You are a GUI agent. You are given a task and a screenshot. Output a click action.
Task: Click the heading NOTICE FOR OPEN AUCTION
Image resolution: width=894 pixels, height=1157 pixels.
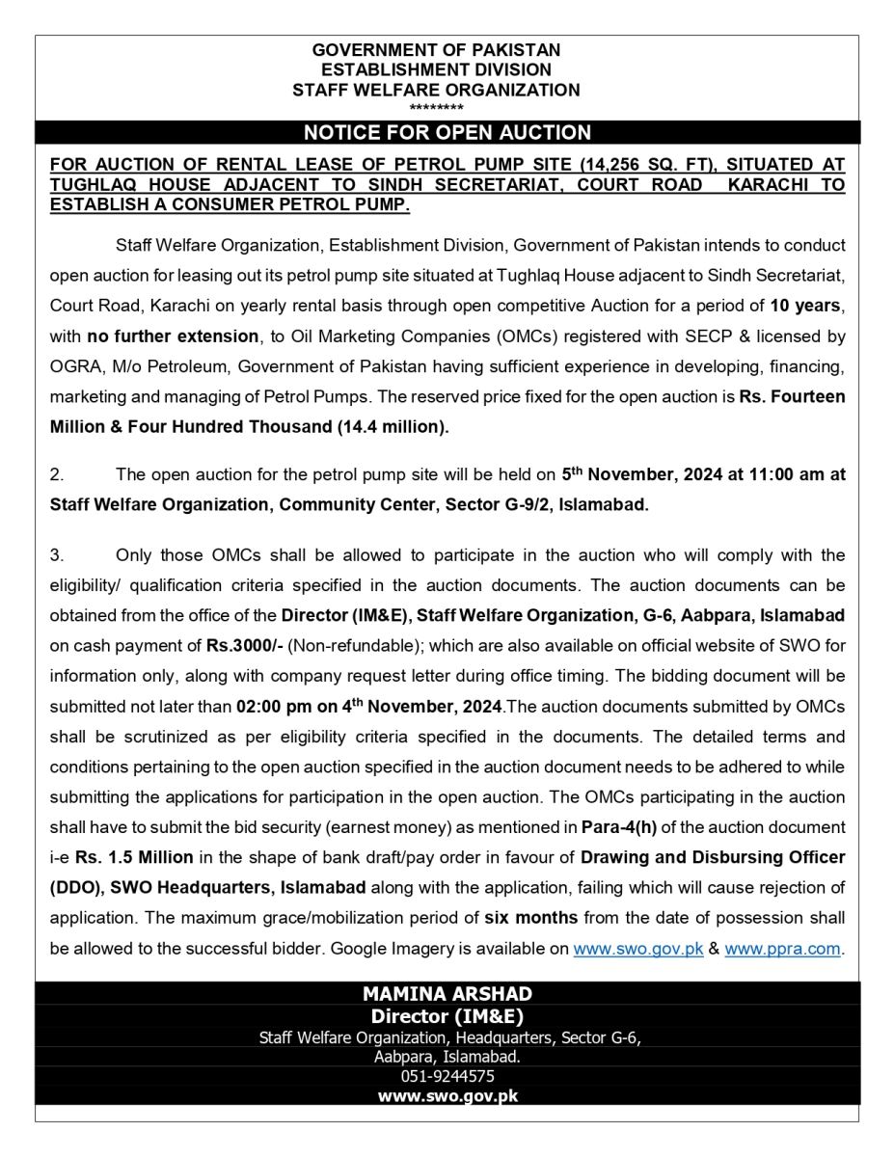click(447, 133)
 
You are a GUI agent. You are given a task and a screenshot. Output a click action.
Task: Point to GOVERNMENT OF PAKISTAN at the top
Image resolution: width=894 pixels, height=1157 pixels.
click(436, 50)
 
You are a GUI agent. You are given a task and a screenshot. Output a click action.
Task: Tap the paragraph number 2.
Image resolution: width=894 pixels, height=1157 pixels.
click(57, 474)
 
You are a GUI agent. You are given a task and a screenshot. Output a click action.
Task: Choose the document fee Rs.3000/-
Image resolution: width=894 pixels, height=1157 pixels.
click(241, 645)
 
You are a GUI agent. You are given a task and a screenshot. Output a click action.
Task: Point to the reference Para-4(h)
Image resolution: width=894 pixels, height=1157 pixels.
click(613, 827)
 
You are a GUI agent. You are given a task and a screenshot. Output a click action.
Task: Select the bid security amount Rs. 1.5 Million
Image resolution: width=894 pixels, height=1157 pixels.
click(131, 858)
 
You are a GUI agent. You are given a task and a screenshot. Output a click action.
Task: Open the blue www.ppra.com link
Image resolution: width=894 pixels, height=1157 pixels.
click(782, 949)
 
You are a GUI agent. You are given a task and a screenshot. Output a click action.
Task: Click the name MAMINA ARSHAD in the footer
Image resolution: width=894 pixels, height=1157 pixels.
click(447, 994)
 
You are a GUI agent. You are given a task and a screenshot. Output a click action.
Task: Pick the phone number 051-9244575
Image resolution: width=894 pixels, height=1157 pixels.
click(447, 1077)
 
